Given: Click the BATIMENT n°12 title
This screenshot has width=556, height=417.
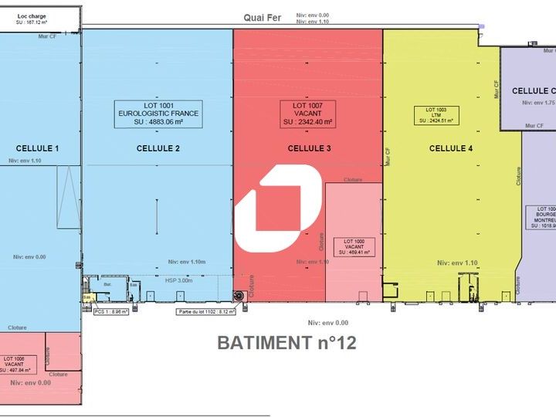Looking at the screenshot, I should [286, 342].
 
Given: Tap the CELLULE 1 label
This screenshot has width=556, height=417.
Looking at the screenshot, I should [37, 148].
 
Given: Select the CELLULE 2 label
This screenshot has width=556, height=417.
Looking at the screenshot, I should [158, 148].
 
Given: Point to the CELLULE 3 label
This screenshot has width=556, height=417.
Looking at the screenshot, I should [310, 148].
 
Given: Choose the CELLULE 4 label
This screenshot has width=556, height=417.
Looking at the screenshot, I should [451, 148].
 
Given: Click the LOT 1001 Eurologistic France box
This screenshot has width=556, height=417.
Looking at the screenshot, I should [158, 113].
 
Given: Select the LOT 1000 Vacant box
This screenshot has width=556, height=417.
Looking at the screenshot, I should [352, 246].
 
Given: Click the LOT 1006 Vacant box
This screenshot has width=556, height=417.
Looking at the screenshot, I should [21, 363].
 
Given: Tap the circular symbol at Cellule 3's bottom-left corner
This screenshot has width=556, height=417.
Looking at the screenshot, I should [239, 295].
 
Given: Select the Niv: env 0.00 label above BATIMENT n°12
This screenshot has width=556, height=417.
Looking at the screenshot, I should [327, 323].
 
